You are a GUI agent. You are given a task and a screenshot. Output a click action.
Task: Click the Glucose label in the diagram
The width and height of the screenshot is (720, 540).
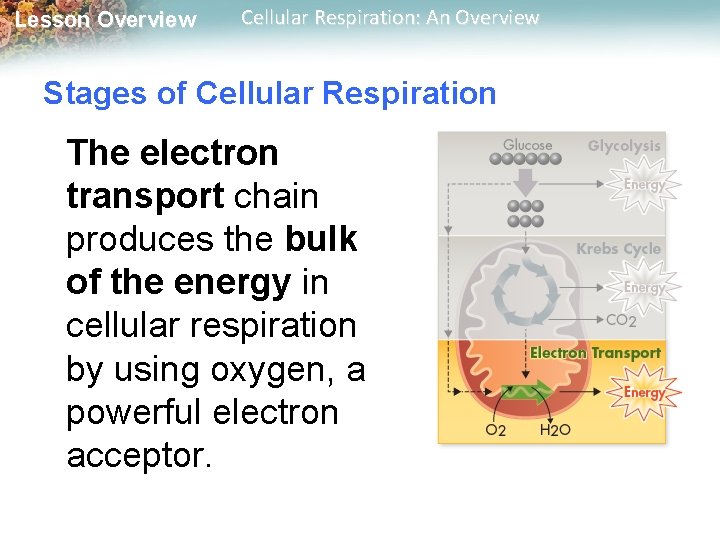pos(527,145)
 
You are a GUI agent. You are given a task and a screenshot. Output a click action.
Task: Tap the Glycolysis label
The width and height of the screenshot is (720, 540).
pos(624,146)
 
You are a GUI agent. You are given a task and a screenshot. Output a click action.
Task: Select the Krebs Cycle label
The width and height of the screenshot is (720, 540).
pos(618,249)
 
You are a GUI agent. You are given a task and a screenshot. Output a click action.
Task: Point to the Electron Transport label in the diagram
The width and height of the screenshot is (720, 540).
pos(595,353)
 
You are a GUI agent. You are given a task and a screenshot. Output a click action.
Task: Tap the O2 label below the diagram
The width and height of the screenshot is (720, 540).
pos(494,430)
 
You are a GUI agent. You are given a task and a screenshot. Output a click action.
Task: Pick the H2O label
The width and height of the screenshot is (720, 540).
pos(555,430)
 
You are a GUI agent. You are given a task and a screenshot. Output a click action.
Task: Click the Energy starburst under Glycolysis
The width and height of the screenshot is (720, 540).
pos(644,185)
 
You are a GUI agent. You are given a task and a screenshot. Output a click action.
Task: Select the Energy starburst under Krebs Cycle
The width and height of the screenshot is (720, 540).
pos(644,288)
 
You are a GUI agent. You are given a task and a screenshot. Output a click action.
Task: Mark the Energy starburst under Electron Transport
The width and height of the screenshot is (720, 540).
pos(644,392)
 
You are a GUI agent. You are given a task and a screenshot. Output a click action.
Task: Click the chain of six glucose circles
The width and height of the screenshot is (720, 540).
pos(527,159)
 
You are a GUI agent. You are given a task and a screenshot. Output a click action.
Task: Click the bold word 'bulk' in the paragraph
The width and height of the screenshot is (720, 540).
pos(321,240)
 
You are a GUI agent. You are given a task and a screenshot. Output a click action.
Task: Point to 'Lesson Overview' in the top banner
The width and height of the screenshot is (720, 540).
pos(105,20)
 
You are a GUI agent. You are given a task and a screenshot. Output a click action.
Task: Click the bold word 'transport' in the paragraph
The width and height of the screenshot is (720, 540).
pos(145,197)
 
